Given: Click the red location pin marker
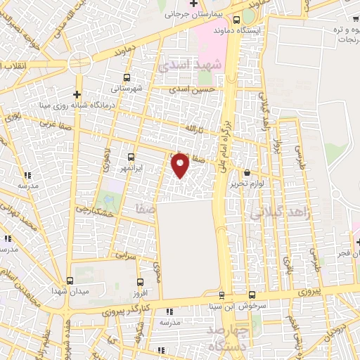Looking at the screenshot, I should pyautogui.click(x=181, y=165).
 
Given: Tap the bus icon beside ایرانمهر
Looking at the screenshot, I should pyautogui.click(x=132, y=157).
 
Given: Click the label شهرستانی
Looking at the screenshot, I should pyautogui.click(x=126, y=89).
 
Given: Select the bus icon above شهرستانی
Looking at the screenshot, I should pyautogui.click(x=127, y=78).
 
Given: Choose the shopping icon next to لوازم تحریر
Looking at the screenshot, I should pyautogui.click(x=246, y=172).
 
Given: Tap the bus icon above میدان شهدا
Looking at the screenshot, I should pyautogui.click(x=70, y=280).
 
